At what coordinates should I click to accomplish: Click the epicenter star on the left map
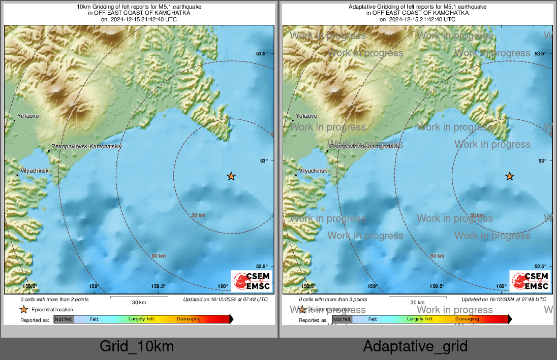click(231, 176)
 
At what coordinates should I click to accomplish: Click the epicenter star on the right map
click(510, 176)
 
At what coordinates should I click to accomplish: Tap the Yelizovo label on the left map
click(28, 116)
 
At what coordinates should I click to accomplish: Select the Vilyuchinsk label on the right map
click(313, 171)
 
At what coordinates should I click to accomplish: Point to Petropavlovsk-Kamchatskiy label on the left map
click(86, 146)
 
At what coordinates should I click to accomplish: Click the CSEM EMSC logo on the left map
click(252, 281)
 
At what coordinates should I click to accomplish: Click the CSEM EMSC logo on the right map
click(530, 281)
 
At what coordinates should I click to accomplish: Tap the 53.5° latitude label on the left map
click(262, 54)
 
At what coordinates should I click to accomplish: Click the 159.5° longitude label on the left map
click(159, 286)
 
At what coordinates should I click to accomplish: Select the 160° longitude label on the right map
click(501, 286)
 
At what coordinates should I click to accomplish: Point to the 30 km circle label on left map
click(198, 216)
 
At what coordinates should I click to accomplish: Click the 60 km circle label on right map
click(438, 256)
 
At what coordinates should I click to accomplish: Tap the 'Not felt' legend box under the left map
click(64, 319)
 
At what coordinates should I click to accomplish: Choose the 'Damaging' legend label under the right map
click(467, 319)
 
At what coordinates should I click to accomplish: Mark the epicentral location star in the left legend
click(23, 309)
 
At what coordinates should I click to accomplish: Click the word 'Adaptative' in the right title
click(361, 7)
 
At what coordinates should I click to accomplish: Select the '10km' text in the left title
click(83, 7)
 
